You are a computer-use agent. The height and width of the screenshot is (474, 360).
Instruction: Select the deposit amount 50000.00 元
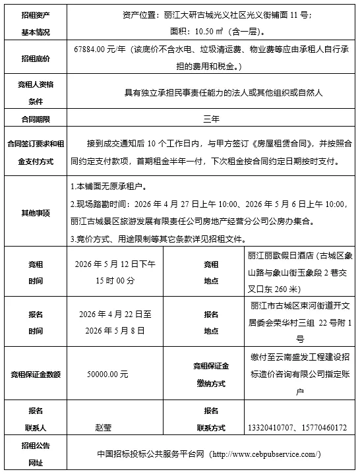tap(107, 374)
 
